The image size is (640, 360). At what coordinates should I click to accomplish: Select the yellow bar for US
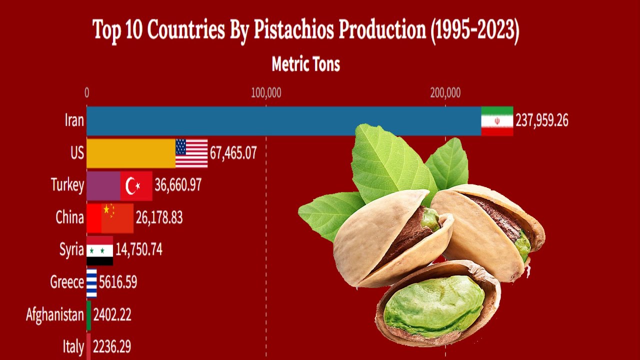(x=130, y=153)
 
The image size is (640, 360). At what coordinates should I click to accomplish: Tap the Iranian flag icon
(x=497, y=121)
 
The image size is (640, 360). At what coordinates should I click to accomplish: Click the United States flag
(x=191, y=153)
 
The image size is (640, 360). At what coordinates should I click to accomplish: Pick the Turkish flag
(x=136, y=185)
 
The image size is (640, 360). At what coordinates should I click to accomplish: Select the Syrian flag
(x=99, y=250)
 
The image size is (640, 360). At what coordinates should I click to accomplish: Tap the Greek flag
(x=91, y=282)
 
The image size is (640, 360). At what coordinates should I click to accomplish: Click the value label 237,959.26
(x=542, y=121)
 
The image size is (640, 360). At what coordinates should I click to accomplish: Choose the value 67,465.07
(x=233, y=153)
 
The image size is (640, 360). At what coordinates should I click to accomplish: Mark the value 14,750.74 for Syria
(x=139, y=250)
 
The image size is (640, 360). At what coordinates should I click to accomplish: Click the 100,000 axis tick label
(x=265, y=93)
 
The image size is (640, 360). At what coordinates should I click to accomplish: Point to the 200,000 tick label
(x=445, y=93)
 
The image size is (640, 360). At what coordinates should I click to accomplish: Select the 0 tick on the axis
(x=87, y=93)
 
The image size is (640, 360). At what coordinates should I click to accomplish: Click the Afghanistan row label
(x=55, y=315)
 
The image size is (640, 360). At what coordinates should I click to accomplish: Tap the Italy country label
(x=73, y=346)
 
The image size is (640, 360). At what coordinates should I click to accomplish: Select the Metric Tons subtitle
(x=306, y=64)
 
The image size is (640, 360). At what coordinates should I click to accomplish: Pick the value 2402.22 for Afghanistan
(x=112, y=315)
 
